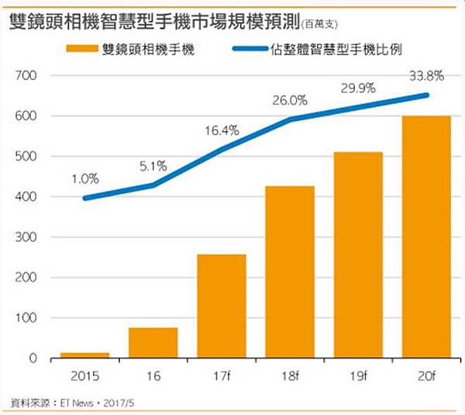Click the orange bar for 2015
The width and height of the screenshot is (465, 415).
[85, 354]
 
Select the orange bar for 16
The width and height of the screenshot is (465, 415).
[153, 342]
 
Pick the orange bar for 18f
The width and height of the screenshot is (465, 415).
[289, 271]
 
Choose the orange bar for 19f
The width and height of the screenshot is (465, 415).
[357, 254]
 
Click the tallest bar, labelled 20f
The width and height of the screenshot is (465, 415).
[425, 237]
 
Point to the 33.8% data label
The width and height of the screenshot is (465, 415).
[425, 76]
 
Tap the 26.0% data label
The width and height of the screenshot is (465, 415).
[289, 100]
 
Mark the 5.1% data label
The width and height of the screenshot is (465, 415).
[153, 165]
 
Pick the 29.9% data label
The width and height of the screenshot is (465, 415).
[357, 88]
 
